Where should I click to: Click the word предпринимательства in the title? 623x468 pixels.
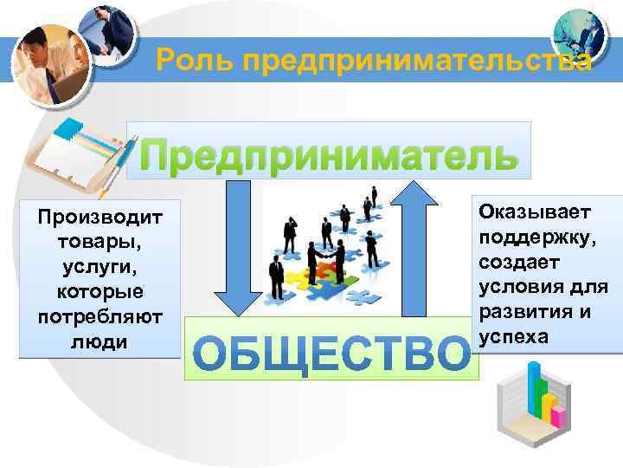pyautogui.click(x=416, y=61)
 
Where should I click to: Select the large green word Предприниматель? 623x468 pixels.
pyautogui.click(x=330, y=156)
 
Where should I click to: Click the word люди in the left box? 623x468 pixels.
pyautogui.click(x=100, y=341)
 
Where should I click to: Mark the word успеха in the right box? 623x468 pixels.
pyautogui.click(x=512, y=335)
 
